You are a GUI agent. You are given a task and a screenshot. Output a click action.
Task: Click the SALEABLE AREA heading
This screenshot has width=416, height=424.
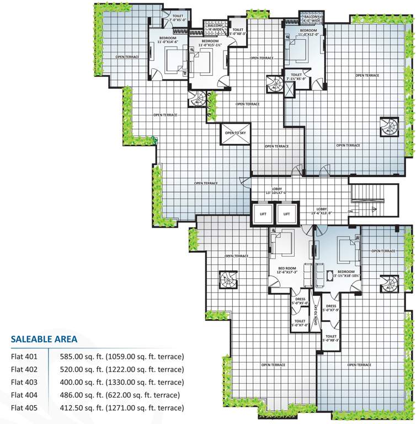click(44, 339)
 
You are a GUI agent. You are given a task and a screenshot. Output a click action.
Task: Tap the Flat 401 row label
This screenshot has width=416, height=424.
click(23, 357)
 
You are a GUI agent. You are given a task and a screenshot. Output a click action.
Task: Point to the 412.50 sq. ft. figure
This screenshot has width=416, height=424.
click(83, 408)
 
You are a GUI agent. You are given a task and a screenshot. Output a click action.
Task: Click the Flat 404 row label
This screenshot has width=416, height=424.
click(23, 395)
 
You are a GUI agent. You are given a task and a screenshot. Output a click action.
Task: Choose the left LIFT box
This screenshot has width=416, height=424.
click(262, 214)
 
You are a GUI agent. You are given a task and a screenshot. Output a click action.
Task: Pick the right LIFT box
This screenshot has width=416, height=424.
click(286, 214)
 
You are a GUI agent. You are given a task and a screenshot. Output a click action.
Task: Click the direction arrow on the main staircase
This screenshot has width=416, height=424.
click(375, 209)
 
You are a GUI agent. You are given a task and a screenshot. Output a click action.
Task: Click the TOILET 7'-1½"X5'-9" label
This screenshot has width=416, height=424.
click(296, 77)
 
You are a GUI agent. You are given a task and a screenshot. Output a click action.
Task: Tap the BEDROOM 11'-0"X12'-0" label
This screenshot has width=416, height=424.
click(308, 32)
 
